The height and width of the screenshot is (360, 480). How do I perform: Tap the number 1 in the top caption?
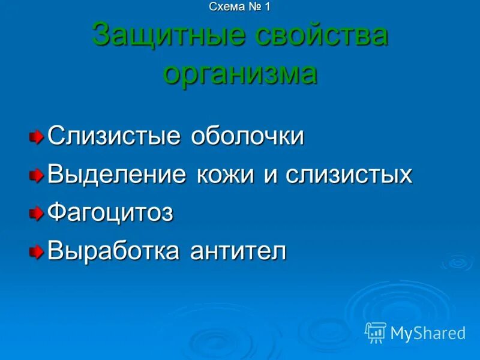point(267,7)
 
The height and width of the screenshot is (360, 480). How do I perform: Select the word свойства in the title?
point(322,36)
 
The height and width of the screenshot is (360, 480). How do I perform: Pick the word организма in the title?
point(240,74)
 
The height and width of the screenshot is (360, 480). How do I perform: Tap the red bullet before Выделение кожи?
point(37,175)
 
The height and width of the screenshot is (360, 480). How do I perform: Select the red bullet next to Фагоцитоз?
point(37,213)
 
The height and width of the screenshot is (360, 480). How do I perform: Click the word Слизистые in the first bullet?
point(113,136)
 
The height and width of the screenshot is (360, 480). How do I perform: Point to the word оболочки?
point(247,136)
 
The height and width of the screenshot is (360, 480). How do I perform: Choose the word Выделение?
point(117,175)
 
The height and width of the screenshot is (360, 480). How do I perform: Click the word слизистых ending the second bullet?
point(348,175)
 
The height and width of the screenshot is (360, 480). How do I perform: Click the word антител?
point(238,251)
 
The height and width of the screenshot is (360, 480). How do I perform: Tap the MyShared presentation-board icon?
point(376,332)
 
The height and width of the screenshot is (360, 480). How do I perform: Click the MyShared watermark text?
point(428,333)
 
